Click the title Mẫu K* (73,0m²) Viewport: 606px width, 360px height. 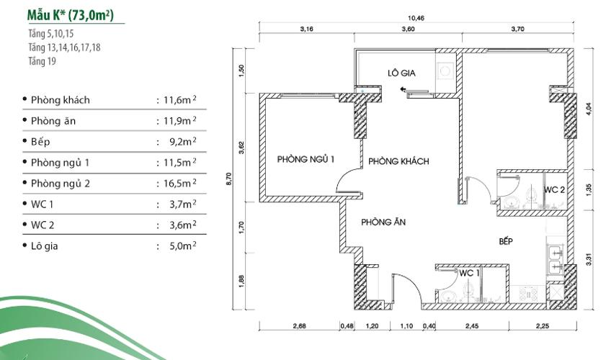coord(70,14)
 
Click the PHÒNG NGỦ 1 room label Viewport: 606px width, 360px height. coord(306,159)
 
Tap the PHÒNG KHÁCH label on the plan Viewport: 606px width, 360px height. coord(398,161)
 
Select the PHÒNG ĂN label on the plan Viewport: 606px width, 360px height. coord(383,222)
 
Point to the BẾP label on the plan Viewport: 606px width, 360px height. coord(505,241)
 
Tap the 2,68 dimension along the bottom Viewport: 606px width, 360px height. coord(300,327)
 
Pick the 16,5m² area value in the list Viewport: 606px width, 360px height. coord(177,184)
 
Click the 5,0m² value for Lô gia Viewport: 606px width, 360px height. coord(177,246)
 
